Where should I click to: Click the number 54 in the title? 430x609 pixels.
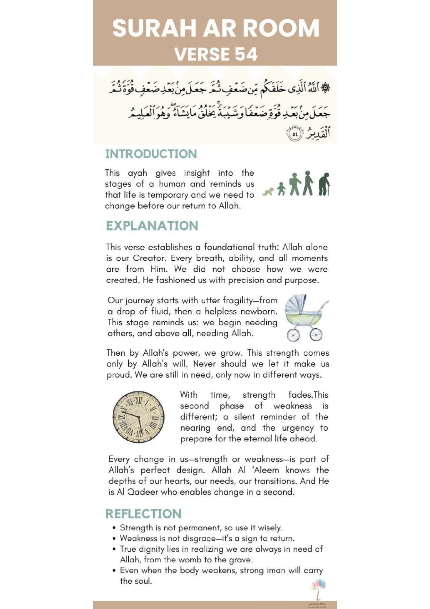click(x=246, y=54)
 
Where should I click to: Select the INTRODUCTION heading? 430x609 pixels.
click(x=151, y=154)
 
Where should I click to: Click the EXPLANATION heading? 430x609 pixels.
click(x=152, y=226)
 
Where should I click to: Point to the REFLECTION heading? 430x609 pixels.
click(x=143, y=514)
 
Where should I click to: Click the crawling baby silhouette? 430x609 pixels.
click(x=268, y=192)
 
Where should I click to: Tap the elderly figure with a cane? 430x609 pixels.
click(x=324, y=184)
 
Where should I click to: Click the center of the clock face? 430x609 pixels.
click(x=138, y=417)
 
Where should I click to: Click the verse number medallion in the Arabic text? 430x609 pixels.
click(x=294, y=134)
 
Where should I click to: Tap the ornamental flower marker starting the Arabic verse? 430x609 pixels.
click(x=325, y=88)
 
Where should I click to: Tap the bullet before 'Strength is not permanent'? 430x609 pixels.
click(x=114, y=528)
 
